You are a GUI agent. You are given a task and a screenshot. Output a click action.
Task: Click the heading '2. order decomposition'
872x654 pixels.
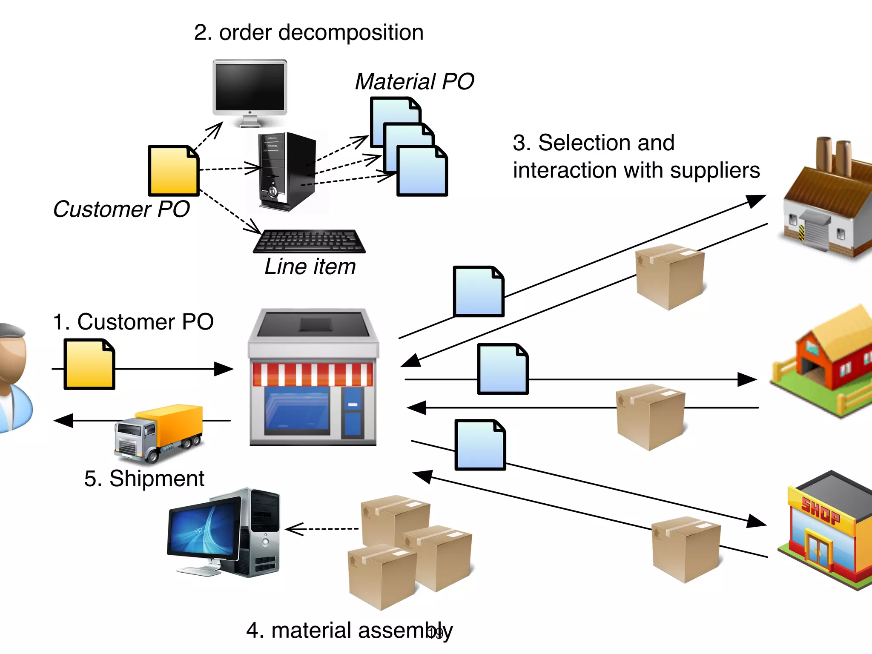(x=309, y=33)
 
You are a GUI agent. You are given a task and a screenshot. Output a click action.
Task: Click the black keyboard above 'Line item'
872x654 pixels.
(x=310, y=241)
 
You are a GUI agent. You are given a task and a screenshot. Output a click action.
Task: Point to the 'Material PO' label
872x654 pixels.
(x=414, y=81)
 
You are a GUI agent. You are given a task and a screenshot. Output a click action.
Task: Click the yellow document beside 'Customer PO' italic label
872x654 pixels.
(x=173, y=171)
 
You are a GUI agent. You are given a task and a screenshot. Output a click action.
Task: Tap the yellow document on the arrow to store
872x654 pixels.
(x=89, y=364)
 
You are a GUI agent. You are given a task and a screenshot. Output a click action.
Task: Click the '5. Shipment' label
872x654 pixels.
(x=144, y=479)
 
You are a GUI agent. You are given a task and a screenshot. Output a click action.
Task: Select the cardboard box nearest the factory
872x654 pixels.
(x=669, y=276)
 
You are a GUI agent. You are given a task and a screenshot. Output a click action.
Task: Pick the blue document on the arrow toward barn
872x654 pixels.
(x=503, y=369)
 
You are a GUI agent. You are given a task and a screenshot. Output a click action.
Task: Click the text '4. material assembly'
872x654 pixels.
(x=349, y=631)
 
